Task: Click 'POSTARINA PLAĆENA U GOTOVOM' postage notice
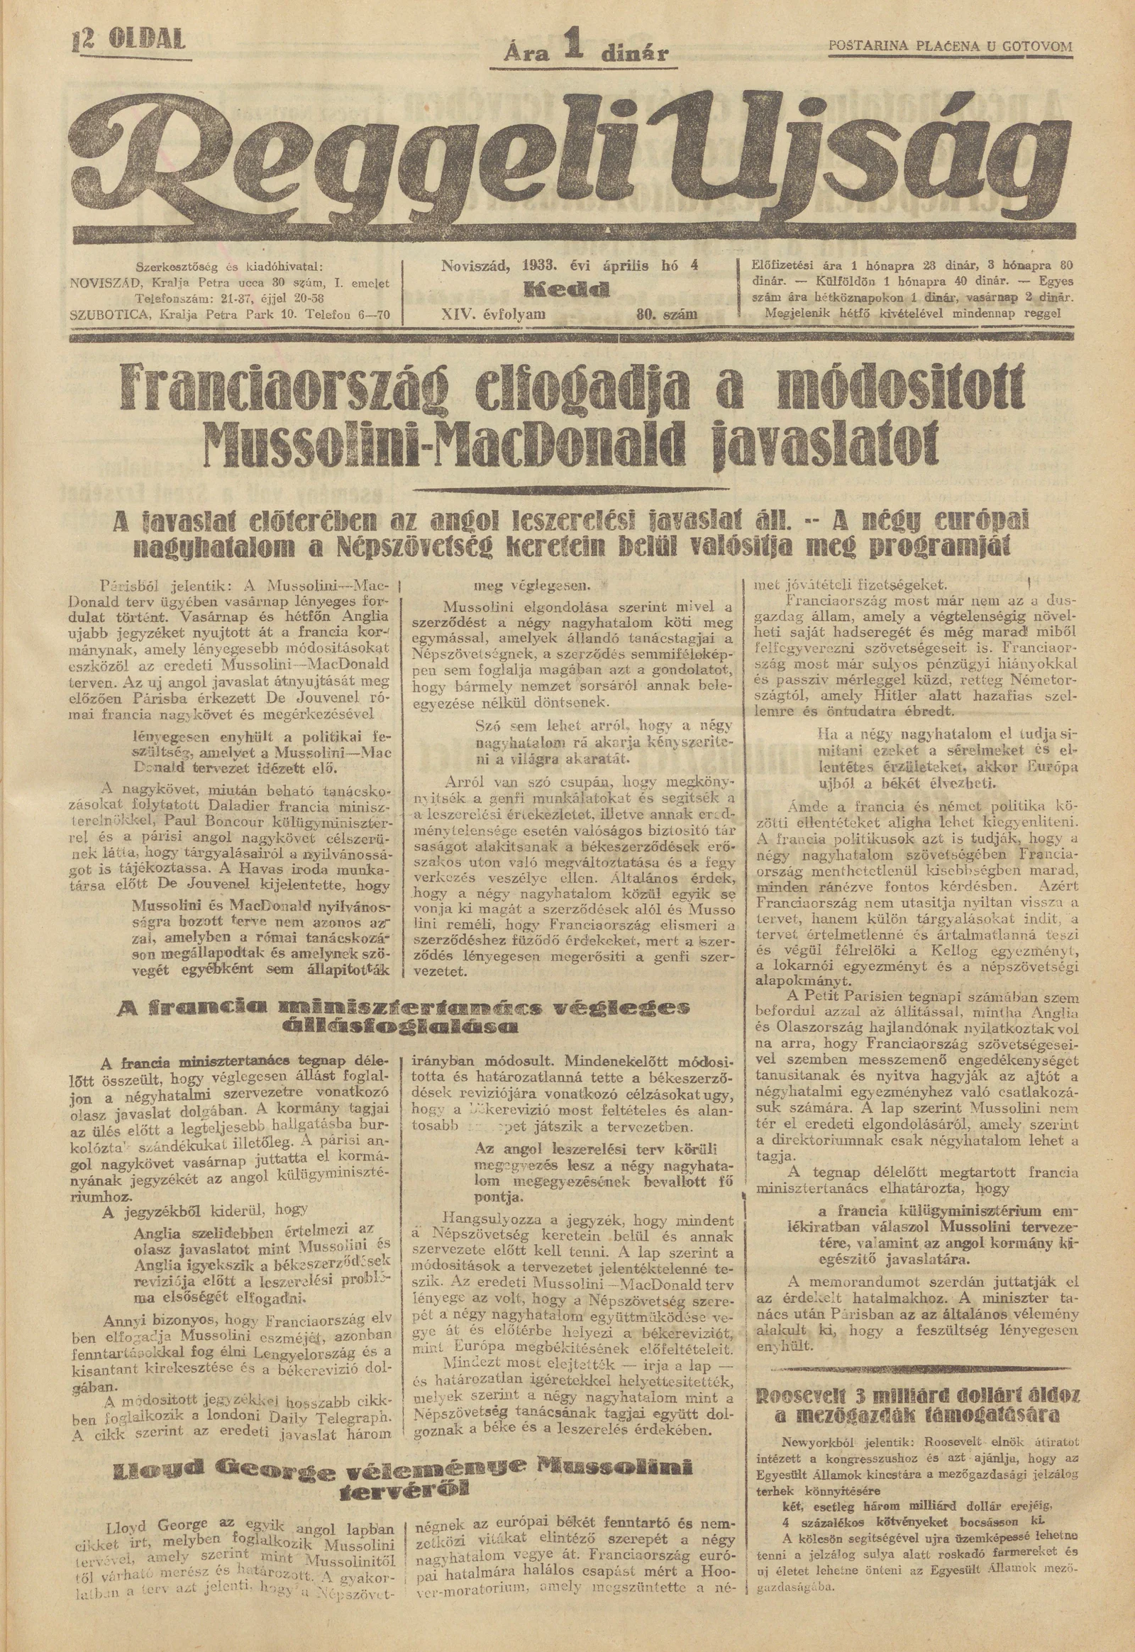click(x=950, y=47)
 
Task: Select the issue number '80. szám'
click(x=668, y=313)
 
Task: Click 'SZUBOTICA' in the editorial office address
click(x=111, y=313)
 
